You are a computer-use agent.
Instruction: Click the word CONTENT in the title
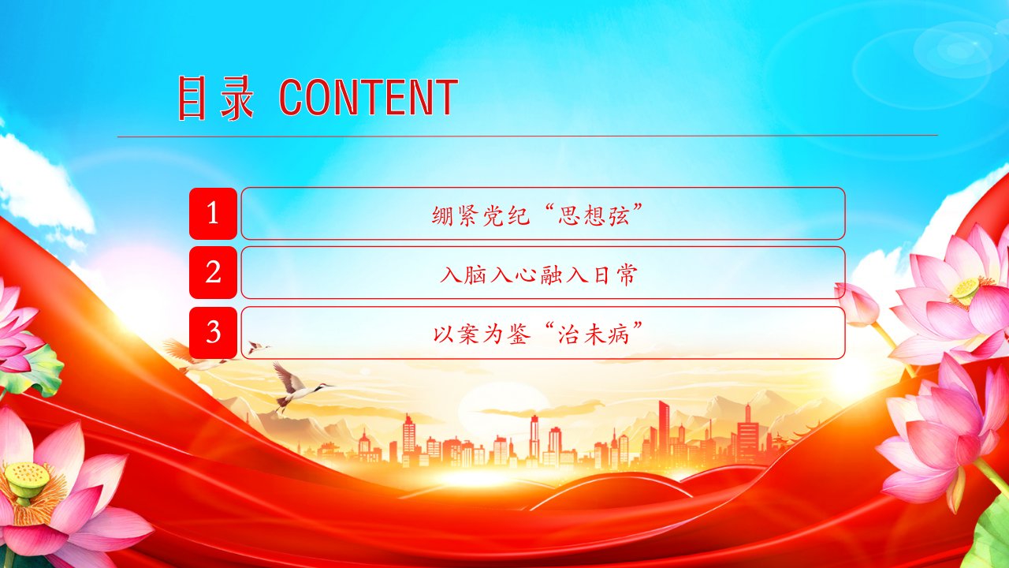[x=368, y=97]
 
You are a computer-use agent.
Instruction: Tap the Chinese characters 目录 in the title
[x=215, y=98]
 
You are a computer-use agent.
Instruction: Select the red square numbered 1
[x=213, y=213]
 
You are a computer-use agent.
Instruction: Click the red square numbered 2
[x=213, y=272]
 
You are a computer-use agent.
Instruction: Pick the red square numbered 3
[x=213, y=333]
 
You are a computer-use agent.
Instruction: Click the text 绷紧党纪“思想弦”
[x=537, y=215]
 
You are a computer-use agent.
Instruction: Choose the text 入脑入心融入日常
[x=538, y=275]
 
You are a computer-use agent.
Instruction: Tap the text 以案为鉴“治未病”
[x=538, y=334]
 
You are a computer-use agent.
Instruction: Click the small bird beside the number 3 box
[x=257, y=348]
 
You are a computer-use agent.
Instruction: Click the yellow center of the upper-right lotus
[x=966, y=289]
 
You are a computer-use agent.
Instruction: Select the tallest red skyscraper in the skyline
[x=664, y=431]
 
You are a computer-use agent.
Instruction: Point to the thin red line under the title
[x=527, y=135]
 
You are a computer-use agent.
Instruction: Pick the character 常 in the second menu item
[x=627, y=275]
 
